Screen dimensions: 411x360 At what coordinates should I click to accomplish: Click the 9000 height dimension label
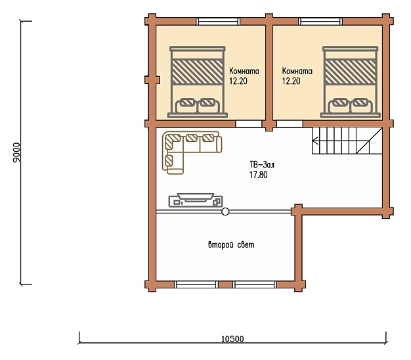coord(16,152)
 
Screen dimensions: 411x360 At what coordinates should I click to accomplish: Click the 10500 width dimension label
coord(232,339)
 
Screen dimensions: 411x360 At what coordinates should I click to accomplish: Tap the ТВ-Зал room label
coord(262,165)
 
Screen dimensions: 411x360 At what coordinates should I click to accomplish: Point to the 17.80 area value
coord(259,175)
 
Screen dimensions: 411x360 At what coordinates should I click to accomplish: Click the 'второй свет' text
coord(231,245)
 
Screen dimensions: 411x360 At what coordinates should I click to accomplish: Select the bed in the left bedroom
coord(198,82)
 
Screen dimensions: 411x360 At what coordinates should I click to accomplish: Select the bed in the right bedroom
coord(350,82)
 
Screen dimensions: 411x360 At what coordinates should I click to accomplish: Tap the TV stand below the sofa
coord(196,200)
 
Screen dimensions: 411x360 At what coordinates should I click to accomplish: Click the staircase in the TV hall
coord(347,141)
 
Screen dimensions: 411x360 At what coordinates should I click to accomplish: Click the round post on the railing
coord(225,212)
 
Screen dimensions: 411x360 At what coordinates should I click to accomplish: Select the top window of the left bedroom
coord(218,22)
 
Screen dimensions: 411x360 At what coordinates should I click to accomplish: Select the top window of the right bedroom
coord(320,22)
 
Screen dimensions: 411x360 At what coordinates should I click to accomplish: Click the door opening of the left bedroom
coord(248,124)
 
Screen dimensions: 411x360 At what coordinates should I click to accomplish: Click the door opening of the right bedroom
coord(290,124)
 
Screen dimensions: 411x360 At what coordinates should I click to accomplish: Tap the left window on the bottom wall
coord(196,284)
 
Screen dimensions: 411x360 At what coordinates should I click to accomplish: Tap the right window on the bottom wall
coord(255,284)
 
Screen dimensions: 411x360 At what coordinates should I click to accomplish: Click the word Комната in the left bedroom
coord(244,71)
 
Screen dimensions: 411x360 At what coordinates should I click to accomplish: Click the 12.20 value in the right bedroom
coord(291,81)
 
